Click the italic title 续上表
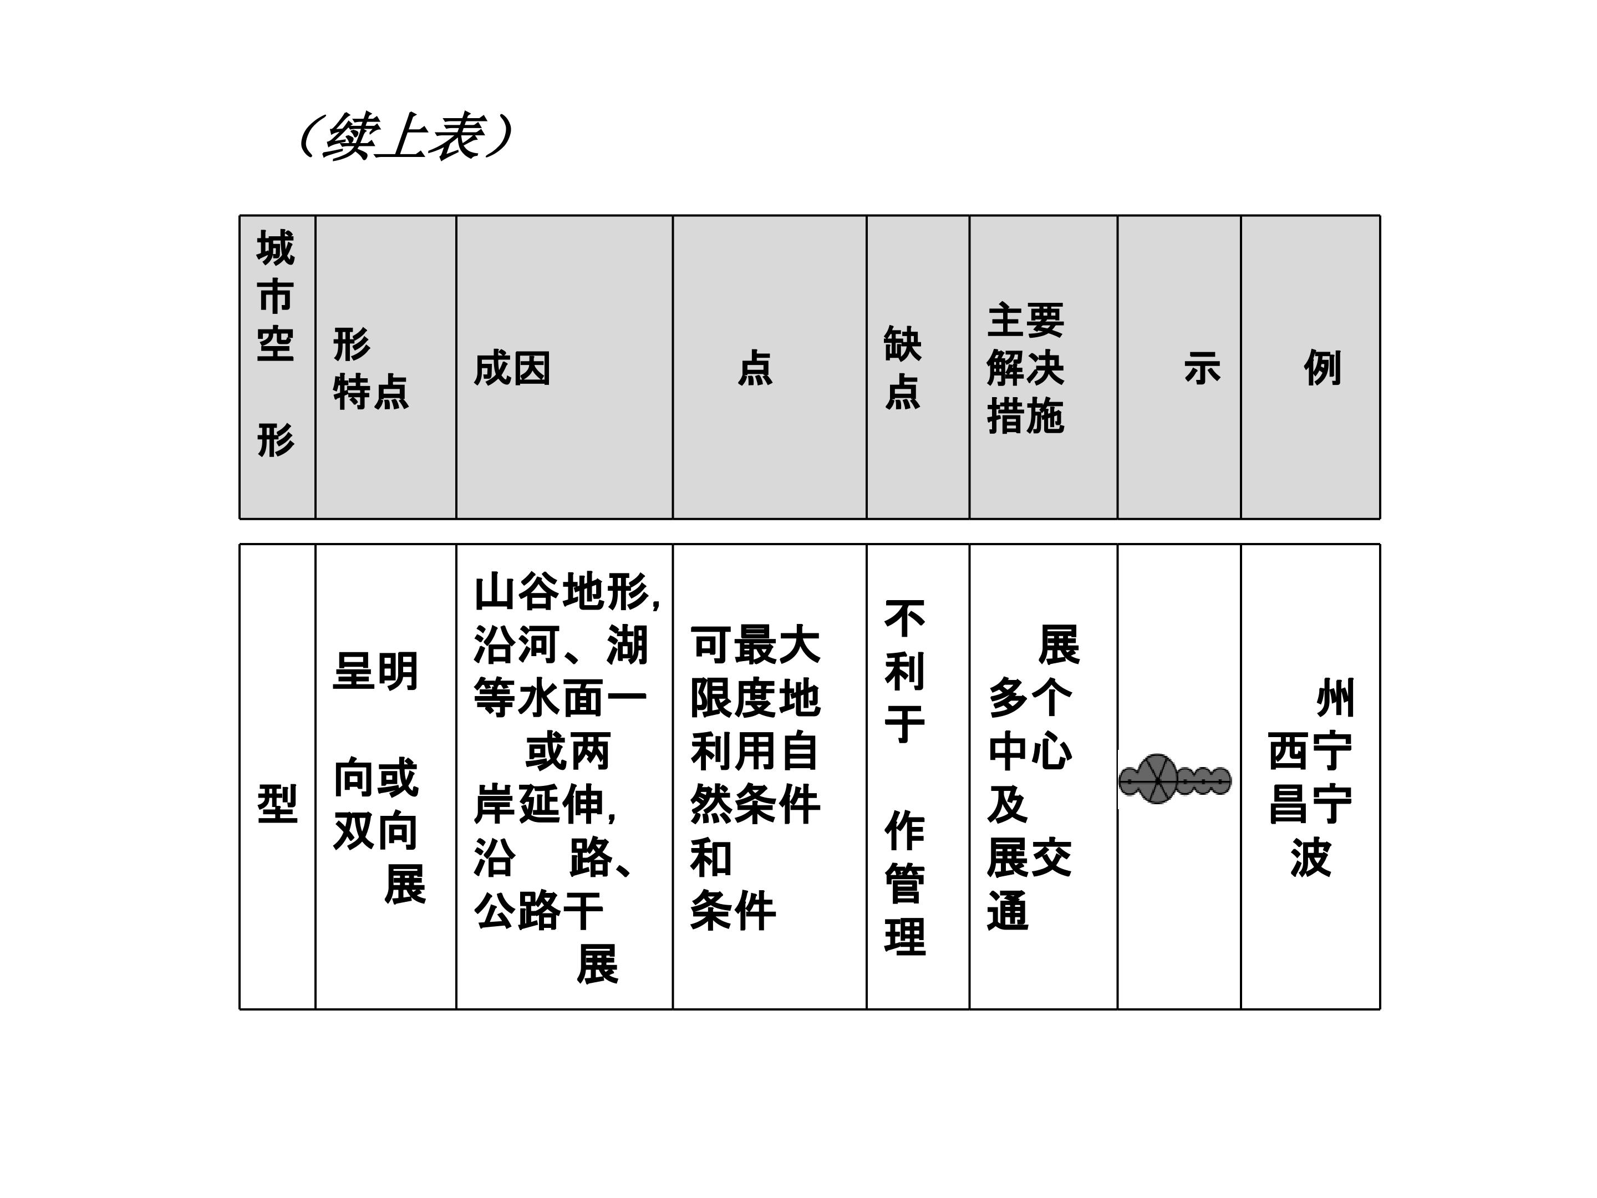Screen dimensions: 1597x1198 (406, 136)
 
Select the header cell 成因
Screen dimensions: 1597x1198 (512, 368)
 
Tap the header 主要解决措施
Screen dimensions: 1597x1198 (1025, 368)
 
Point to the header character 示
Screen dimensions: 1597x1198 (1202, 368)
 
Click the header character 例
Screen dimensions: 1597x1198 (1323, 368)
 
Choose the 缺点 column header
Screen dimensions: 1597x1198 (903, 368)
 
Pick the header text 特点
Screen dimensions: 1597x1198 (371, 393)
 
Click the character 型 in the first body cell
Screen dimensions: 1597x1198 (278, 804)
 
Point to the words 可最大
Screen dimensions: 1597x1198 (755, 645)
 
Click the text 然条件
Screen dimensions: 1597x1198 (755, 804)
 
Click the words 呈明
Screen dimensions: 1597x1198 (375, 672)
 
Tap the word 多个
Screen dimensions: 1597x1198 (1030, 698)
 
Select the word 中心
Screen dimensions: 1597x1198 (1030, 751)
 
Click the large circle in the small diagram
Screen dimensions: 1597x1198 (1157, 779)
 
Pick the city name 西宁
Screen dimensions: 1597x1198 (1310, 751)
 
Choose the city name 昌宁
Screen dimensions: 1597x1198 (1310, 804)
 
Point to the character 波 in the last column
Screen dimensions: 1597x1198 (1310, 857)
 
